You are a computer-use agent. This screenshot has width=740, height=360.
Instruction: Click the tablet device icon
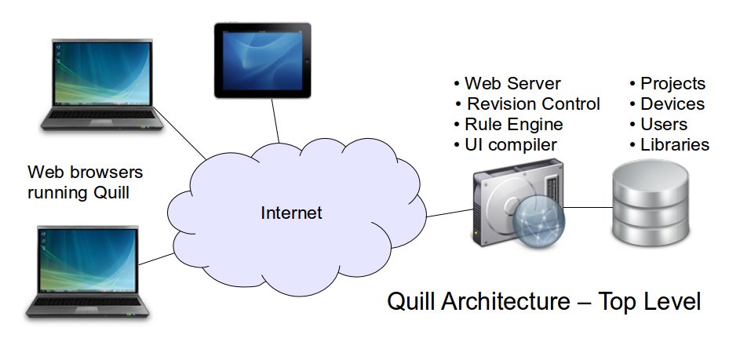tap(263, 60)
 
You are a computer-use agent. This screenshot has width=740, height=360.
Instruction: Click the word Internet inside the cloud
tap(291, 213)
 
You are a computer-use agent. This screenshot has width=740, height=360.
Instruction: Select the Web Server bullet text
tap(512, 83)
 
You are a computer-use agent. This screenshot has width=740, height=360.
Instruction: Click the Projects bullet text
tap(673, 83)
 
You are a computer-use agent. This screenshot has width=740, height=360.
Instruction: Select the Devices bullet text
tap(673, 104)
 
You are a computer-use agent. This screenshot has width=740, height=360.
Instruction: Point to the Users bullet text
tap(663, 124)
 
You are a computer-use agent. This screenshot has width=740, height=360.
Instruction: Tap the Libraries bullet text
tap(675, 144)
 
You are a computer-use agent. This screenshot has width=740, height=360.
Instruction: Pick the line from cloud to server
tap(450, 212)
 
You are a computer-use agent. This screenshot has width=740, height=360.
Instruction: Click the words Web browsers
tap(85, 172)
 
